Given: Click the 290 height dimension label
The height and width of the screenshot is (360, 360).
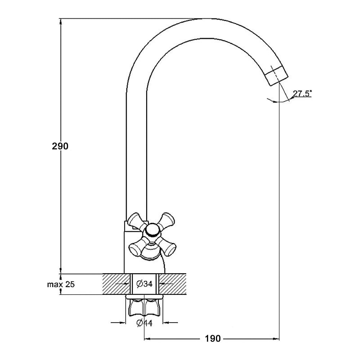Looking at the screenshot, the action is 60,146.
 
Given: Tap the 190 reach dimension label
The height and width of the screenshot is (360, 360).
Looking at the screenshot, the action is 213,339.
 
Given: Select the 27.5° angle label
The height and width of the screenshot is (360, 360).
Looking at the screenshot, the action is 302,93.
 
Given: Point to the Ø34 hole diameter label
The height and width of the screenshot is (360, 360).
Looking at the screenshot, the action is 144,284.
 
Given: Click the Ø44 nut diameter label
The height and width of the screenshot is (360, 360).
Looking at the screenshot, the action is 144,323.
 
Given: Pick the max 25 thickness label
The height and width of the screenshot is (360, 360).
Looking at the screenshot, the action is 61,284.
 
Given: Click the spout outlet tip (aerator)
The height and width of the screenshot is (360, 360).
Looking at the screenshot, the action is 276,76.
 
